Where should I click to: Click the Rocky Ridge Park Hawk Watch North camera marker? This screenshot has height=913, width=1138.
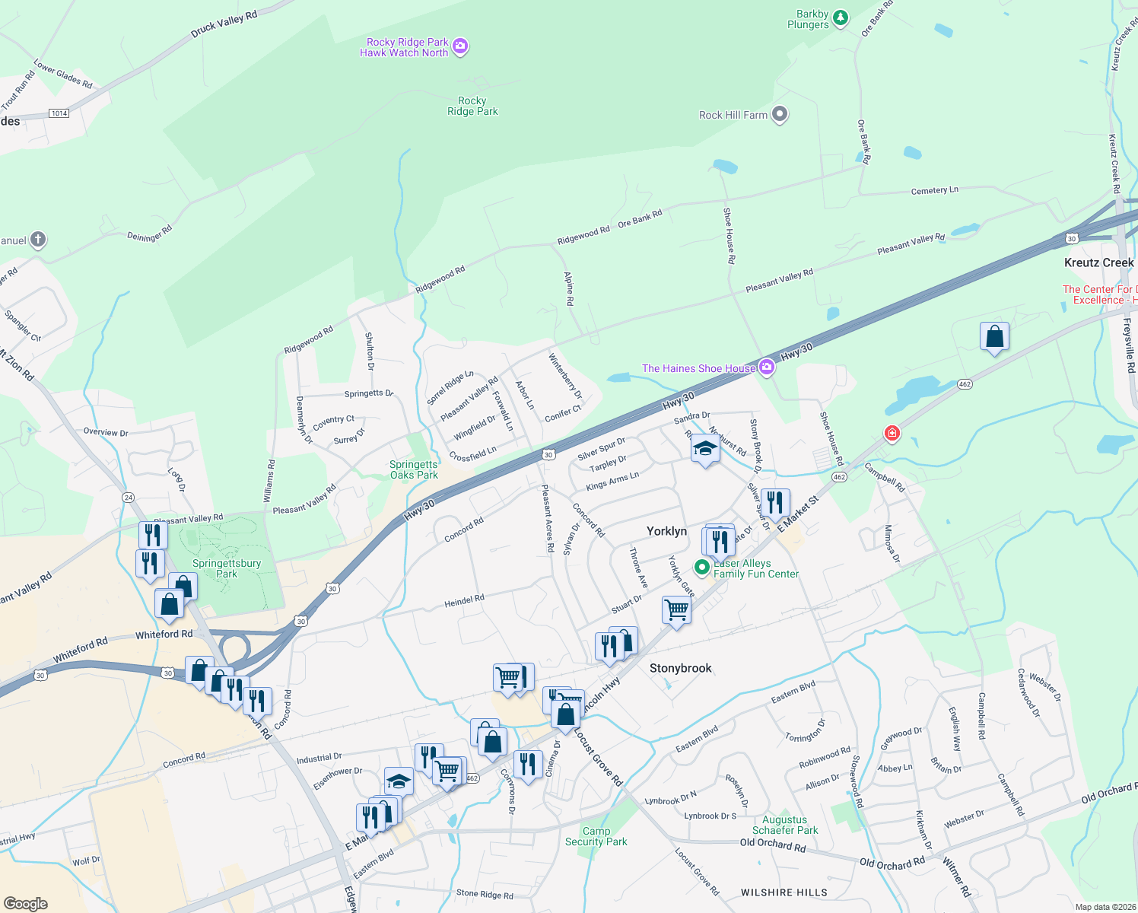[459, 47]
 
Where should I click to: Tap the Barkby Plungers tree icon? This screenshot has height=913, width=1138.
[840, 17]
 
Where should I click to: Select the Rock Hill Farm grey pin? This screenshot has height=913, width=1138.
[779, 115]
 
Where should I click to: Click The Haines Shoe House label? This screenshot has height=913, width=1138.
[698, 368]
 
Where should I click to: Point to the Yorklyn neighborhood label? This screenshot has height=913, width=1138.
[666, 531]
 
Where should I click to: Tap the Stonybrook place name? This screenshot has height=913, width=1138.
[680, 668]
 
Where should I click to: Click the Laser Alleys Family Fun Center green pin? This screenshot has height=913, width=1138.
[702, 568]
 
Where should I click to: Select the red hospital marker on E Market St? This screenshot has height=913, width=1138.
[892, 434]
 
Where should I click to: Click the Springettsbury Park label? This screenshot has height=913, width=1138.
[227, 568]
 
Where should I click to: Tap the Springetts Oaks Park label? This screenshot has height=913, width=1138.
[414, 469]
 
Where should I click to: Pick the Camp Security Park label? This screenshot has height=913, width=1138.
[596, 836]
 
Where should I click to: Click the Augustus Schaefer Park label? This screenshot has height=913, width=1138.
[785, 825]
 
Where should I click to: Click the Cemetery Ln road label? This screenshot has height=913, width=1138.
[934, 190]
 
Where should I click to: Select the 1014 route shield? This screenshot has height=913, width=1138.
[59, 113]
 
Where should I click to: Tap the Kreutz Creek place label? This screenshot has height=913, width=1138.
[1098, 262]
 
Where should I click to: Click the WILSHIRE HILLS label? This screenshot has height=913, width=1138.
[784, 892]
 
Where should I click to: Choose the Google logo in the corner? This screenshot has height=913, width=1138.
[26, 903]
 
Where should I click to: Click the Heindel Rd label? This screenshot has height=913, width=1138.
[464, 601]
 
